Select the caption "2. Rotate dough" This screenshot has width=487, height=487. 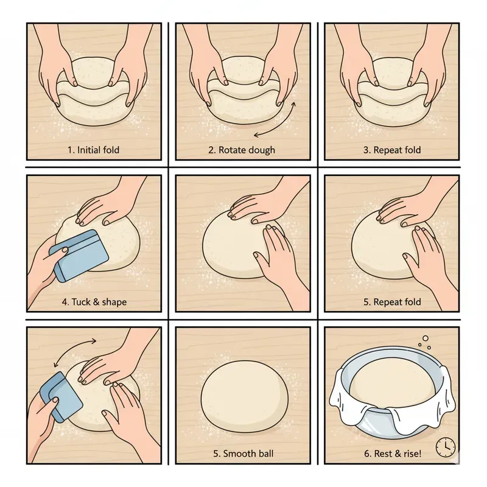pyautogui.click(x=242, y=150)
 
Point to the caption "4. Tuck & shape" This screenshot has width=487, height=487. pyautogui.click(x=95, y=302)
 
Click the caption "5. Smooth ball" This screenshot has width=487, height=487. pyautogui.click(x=242, y=454)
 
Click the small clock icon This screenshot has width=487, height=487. pyautogui.click(x=446, y=447)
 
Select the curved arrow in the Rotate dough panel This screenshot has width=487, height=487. pyautogui.click(x=278, y=122)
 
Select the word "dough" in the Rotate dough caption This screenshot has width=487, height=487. pyautogui.click(x=261, y=150)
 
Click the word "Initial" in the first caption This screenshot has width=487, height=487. pyautogui.click(x=89, y=150)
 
